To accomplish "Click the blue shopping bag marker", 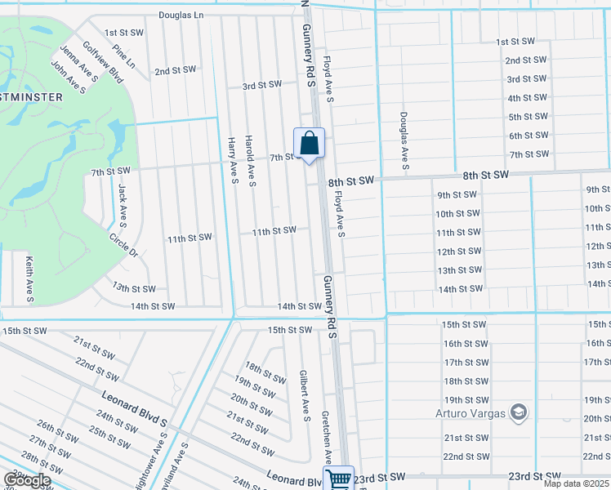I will [309, 144].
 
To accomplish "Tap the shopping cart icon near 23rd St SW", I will [338, 478].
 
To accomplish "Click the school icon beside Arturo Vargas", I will [517, 412].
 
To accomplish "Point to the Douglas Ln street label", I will [181, 15].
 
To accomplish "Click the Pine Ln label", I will [124, 56].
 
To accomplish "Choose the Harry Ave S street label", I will [233, 160].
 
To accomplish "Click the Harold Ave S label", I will [251, 161].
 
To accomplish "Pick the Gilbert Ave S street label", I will [305, 396].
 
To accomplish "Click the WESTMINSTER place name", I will [32, 96].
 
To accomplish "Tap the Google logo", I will [27, 480].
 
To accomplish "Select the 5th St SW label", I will [528, 117].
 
